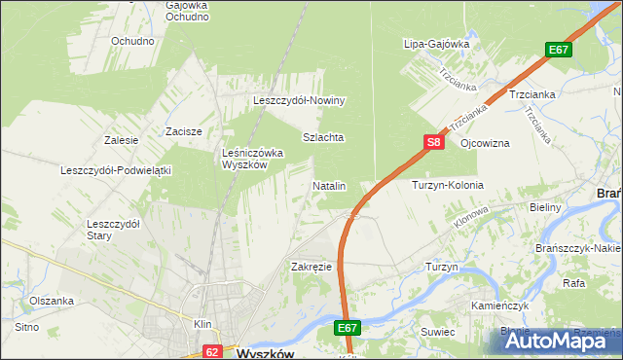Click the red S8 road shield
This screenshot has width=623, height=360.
pyautogui.click(x=434, y=142)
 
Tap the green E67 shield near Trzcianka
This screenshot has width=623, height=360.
pyautogui.click(x=558, y=50)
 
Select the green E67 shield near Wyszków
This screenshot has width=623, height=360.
pyautogui.click(x=349, y=329)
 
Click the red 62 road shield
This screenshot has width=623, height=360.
pyautogui.click(x=213, y=350)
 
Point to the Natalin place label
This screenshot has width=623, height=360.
pyautogui.click(x=329, y=185)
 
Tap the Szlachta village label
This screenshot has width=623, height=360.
pyautogui.click(x=323, y=138)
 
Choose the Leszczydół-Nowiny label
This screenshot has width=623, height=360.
pyautogui.click(x=300, y=100)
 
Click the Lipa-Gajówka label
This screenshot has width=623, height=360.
pyautogui.click(x=437, y=44)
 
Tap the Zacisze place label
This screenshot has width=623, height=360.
pyautogui.click(x=183, y=131)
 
